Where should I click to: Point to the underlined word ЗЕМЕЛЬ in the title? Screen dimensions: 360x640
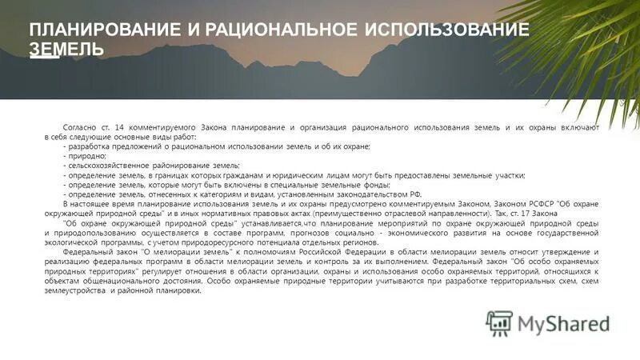click(66, 50)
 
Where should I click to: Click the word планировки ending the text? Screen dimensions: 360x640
click(181, 290)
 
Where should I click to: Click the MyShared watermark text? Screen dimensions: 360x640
click(563, 323)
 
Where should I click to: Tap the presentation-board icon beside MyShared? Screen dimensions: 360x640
click(499, 323)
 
